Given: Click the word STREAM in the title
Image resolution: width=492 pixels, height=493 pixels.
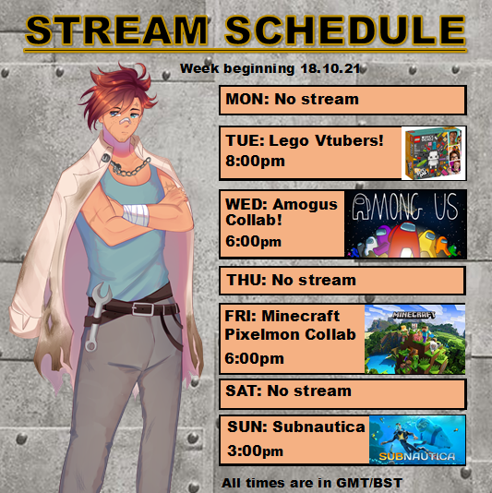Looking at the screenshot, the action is (x=116, y=30).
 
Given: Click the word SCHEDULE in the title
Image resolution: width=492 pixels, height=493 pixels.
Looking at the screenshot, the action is (x=345, y=30).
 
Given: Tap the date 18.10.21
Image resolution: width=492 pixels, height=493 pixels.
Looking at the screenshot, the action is (x=330, y=68).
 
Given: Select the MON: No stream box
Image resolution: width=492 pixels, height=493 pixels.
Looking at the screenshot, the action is (x=342, y=100).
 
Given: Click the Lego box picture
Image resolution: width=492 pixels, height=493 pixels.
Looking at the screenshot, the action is (x=434, y=153).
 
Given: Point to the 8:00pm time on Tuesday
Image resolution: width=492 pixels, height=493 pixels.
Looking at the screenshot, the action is (x=256, y=161).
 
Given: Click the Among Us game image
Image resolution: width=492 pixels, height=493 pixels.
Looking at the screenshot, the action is (x=405, y=223).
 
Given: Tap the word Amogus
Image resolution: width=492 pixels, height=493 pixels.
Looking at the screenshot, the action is (x=305, y=204).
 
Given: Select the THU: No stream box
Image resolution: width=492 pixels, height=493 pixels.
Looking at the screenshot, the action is (x=342, y=281).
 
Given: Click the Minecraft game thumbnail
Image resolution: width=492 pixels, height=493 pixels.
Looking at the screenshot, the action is (x=414, y=339).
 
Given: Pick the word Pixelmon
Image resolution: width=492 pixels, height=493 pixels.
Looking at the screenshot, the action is (x=262, y=334).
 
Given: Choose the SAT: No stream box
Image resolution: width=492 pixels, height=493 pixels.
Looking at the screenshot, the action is (x=342, y=394).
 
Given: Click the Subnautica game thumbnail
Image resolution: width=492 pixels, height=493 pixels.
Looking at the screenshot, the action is (x=417, y=439).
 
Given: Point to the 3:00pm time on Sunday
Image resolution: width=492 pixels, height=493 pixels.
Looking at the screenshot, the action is (x=256, y=451).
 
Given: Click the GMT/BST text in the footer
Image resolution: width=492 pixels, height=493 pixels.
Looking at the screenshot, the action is (x=369, y=483).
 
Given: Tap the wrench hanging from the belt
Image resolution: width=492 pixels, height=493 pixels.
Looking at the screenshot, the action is (x=97, y=317).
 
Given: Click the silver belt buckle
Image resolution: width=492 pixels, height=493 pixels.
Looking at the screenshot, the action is (x=142, y=308).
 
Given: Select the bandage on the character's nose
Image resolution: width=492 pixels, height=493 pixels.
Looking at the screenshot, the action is (x=126, y=121).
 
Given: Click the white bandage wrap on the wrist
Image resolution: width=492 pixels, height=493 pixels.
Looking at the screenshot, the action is (x=136, y=215).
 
